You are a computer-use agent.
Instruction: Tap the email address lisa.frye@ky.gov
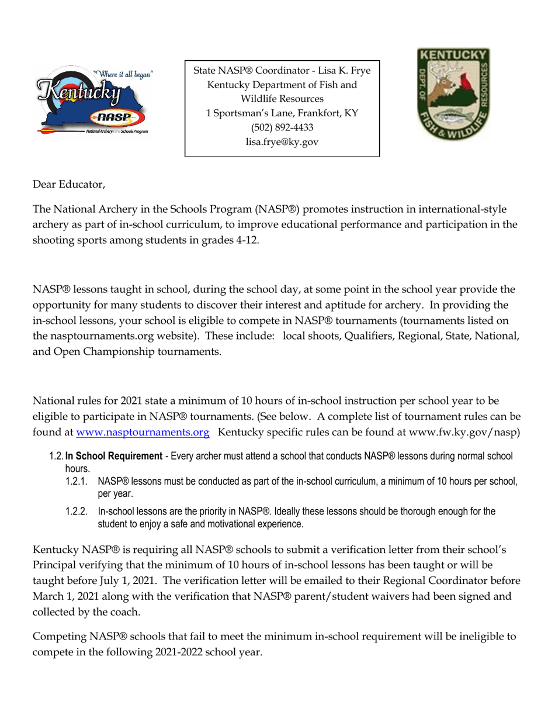pyautogui.click(x=282, y=141)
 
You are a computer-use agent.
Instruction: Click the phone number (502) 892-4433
pyautogui.click(x=282, y=127)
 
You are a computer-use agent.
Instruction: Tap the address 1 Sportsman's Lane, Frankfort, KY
pyautogui.click(x=282, y=113)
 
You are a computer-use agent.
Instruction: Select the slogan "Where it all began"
pyautogui.click(x=124, y=74)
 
